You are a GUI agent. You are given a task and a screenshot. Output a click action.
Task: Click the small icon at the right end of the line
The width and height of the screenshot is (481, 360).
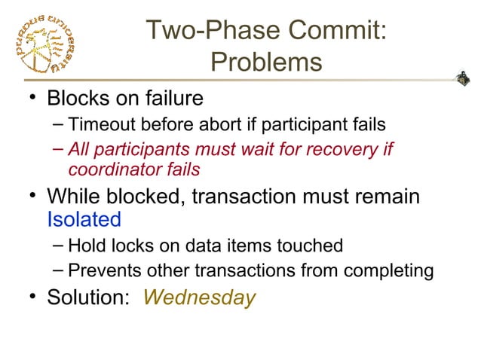[x=464, y=77]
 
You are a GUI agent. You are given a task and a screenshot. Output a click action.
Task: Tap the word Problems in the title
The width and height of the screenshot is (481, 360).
[x=266, y=62]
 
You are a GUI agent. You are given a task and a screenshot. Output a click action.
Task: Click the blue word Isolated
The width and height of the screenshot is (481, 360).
[x=84, y=219]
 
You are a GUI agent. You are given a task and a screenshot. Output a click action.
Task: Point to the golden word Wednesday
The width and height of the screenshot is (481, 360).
[x=199, y=297]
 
